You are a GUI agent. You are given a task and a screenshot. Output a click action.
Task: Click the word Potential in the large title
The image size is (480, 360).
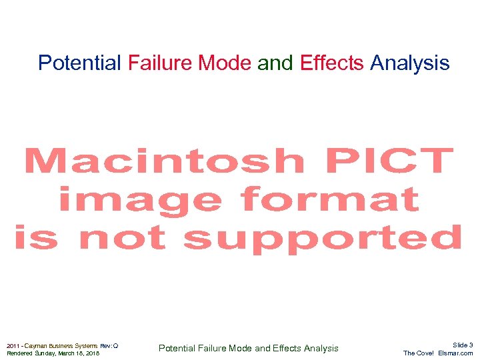(x=79, y=63)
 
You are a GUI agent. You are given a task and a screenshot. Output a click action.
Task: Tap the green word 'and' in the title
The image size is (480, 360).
(x=275, y=63)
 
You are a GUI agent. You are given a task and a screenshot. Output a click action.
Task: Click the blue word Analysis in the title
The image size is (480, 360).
(x=409, y=63)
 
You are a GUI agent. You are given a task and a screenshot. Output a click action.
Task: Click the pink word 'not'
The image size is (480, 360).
(x=122, y=238)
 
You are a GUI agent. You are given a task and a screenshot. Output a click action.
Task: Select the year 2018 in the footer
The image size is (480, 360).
(x=93, y=353)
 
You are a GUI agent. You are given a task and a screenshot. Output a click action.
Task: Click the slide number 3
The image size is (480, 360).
(x=471, y=345)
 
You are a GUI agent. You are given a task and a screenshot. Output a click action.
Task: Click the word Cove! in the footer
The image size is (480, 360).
(x=425, y=353)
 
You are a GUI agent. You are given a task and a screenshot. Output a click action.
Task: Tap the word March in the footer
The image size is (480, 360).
(x=69, y=353)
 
